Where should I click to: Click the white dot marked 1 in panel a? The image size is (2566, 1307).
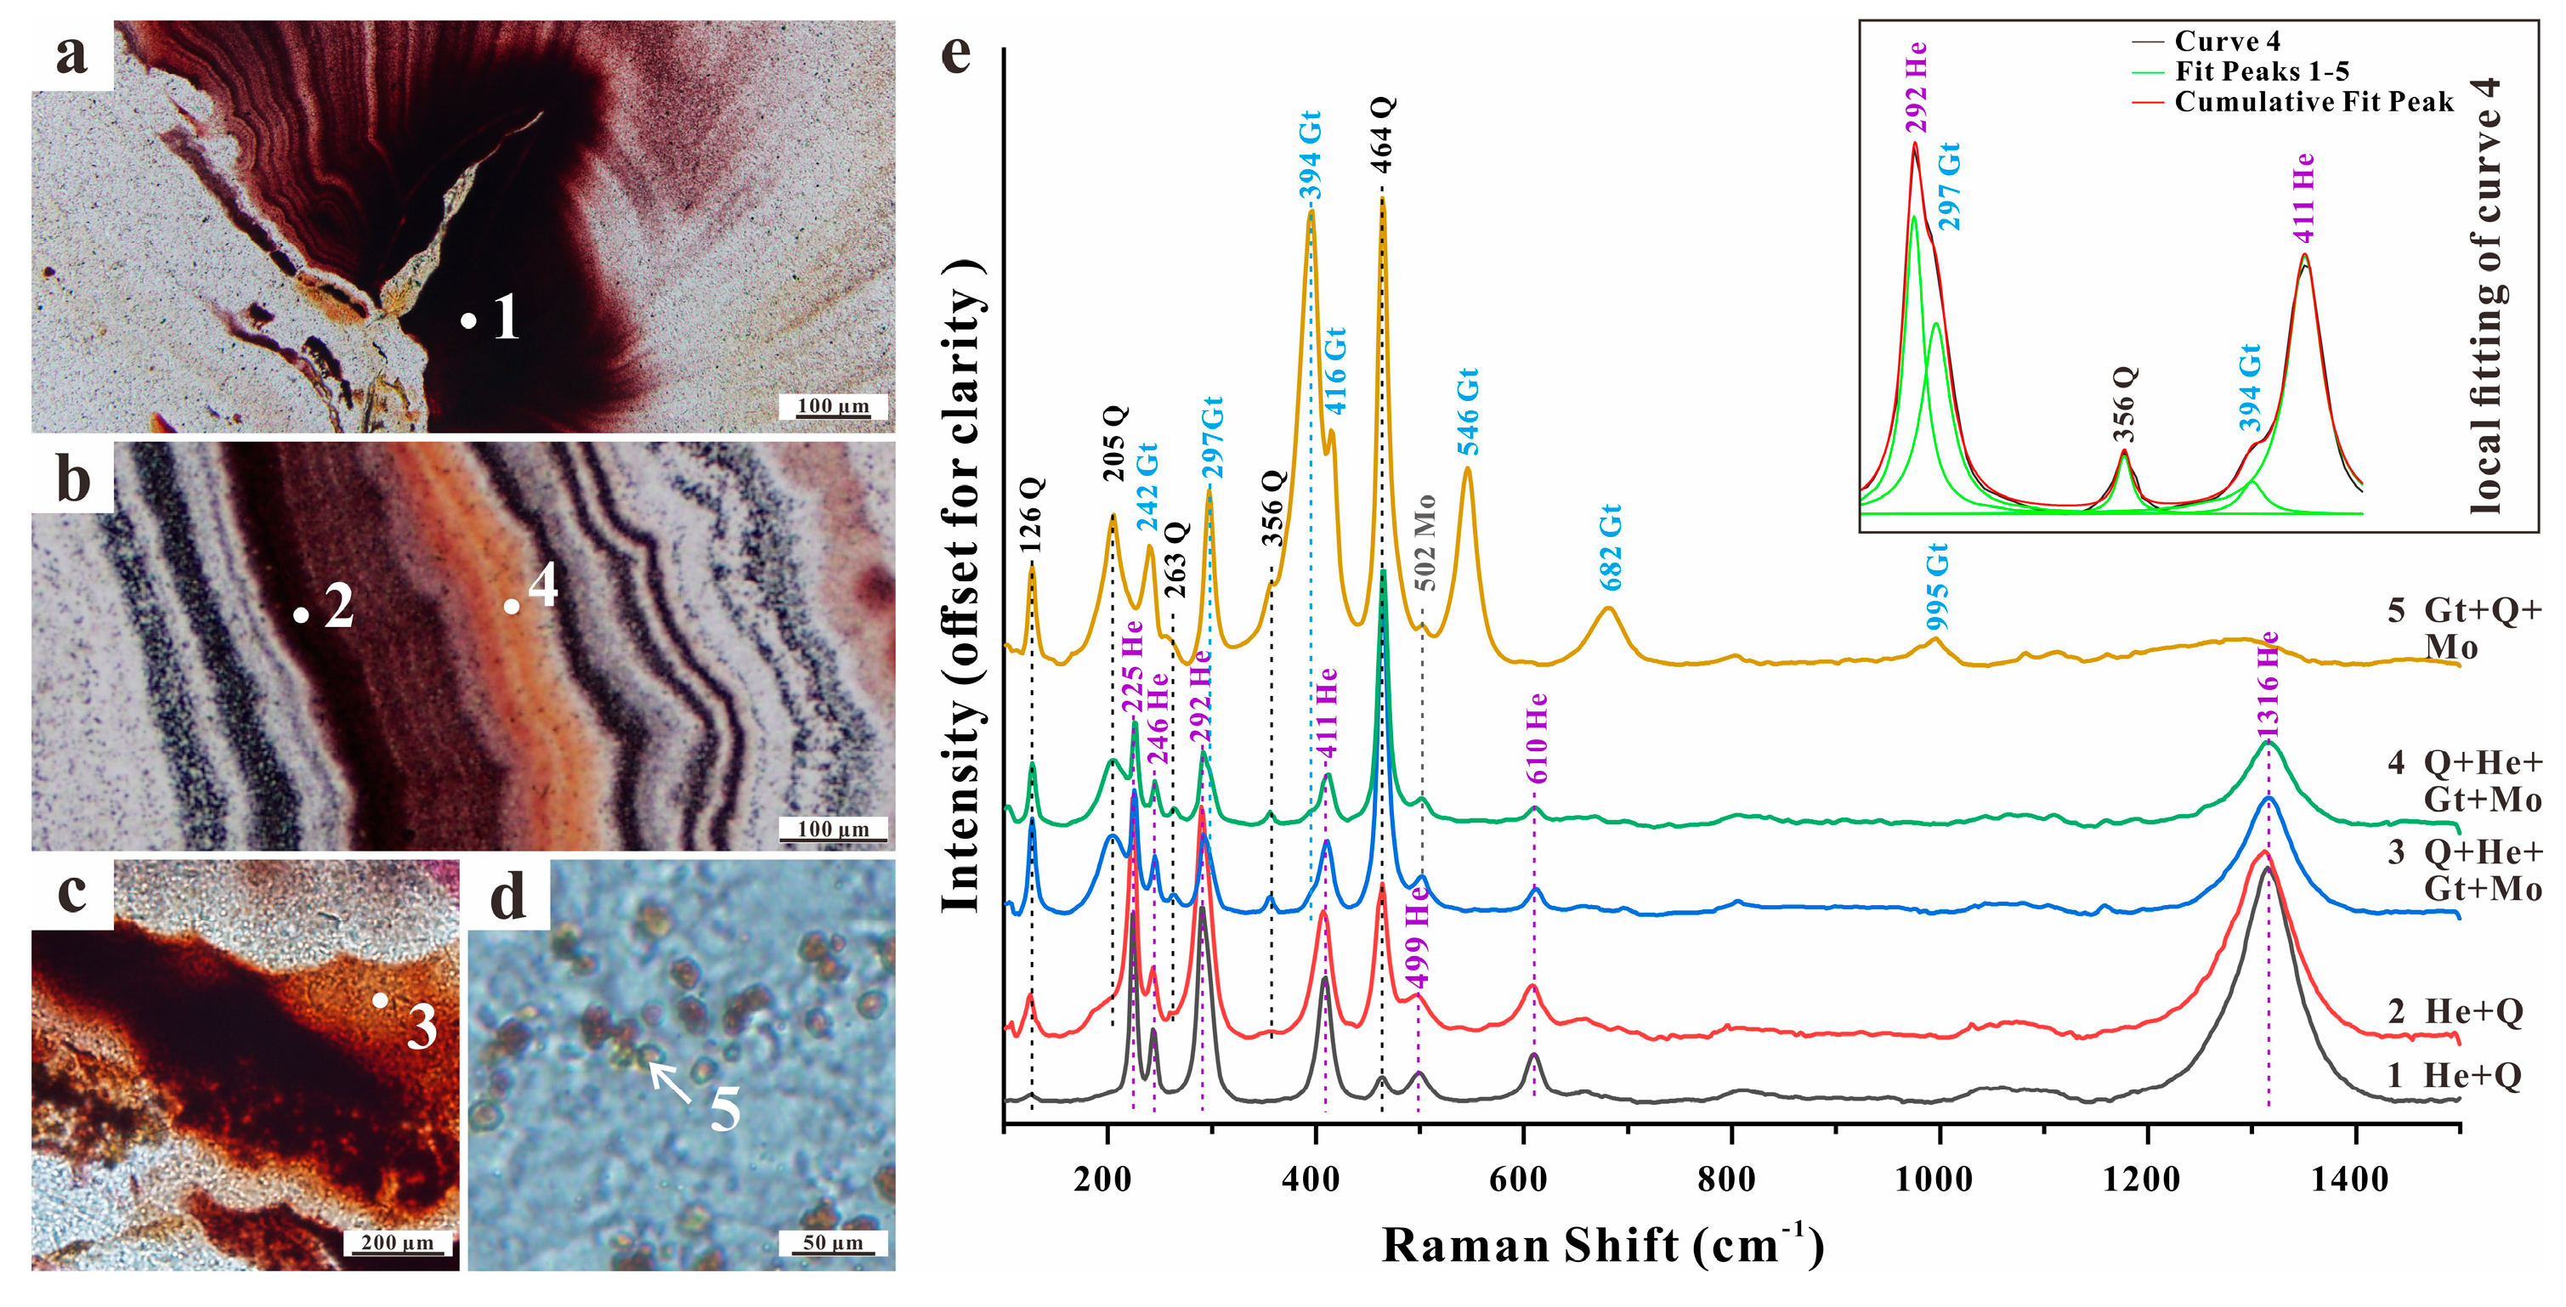[x=468, y=320]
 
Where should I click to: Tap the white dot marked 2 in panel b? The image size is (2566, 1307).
[x=301, y=614]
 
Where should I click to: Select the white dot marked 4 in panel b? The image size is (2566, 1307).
[x=511, y=606]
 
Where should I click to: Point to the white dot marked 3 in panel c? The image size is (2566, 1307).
[x=381, y=999]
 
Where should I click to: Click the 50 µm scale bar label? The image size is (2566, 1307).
[x=833, y=1242]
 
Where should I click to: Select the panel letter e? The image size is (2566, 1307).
[x=956, y=52]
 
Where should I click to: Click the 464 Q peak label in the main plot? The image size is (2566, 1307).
[x=1383, y=135]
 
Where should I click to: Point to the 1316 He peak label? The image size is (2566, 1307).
[x=2269, y=687]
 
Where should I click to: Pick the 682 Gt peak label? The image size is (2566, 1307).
[x=1611, y=547]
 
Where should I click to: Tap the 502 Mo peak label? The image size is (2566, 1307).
[x=1425, y=543]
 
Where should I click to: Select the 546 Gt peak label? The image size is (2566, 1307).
[x=1467, y=411]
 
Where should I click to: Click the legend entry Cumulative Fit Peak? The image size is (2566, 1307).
[x=2314, y=102]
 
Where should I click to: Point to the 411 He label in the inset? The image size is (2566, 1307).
[x=2303, y=198]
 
